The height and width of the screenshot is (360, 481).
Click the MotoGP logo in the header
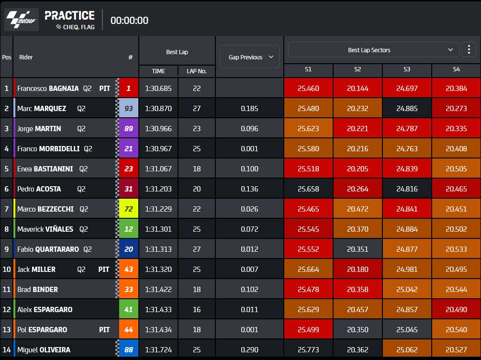tap(22, 20)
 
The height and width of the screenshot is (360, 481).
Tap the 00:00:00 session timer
tap(129, 21)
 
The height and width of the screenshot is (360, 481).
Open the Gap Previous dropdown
tap(249, 57)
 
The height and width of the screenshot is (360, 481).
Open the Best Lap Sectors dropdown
tap(373, 50)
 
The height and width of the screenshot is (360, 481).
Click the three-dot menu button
tap(469, 49)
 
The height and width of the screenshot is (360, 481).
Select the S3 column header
tap(407, 69)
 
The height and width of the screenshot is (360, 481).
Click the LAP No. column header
tap(197, 71)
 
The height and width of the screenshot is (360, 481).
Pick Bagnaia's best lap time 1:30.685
tap(158, 89)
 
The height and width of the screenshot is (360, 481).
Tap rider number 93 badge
tap(129, 108)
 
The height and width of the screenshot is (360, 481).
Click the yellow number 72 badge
tap(129, 209)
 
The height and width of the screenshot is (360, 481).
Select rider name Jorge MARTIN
tap(39, 129)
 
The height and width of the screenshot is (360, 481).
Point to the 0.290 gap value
tap(249, 349)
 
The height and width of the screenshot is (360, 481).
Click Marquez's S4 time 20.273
tap(456, 108)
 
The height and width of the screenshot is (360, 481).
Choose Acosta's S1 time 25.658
tap(308, 189)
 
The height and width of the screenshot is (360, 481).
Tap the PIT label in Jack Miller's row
tap(104, 270)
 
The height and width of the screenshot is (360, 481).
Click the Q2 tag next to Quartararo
tap(88, 249)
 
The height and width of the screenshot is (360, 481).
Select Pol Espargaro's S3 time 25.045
tap(407, 330)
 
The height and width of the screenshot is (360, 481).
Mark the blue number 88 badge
tap(129, 349)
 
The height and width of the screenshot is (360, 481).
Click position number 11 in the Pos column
tap(6, 290)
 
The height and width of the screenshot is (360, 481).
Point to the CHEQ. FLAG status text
tap(79, 27)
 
